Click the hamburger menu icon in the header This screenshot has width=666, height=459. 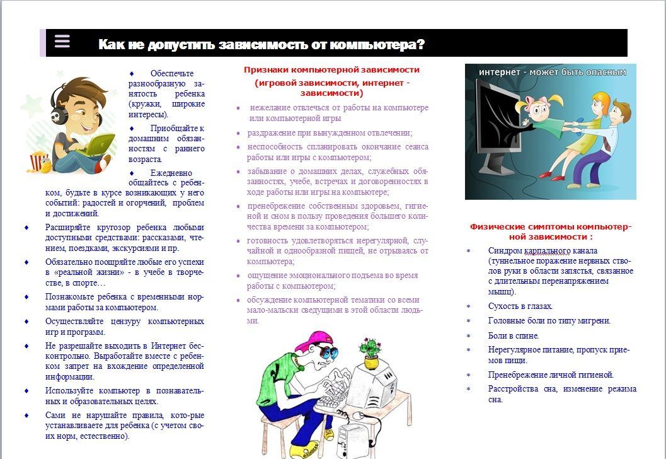[62, 42]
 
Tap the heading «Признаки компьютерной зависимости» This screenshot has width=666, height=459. [331, 70]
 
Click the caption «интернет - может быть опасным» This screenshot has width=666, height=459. [552, 73]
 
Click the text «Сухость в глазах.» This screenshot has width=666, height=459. [520, 306]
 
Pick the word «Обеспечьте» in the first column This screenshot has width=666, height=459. [172, 74]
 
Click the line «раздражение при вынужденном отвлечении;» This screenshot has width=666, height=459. [330, 133]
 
